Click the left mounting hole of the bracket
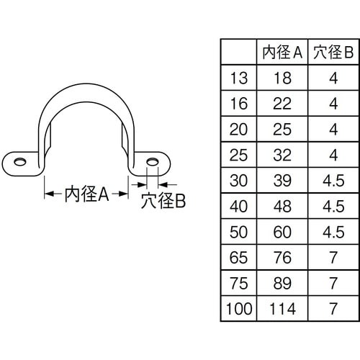tap(20, 162)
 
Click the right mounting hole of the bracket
tap(152, 162)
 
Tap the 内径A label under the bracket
tap(86, 194)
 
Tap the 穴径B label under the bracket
tap(163, 200)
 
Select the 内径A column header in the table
tap(282, 52)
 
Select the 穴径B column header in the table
tap(333, 52)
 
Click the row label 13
tap(238, 78)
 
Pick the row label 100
tap(239, 309)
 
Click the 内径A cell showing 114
tap(282, 309)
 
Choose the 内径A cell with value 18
tap(282, 78)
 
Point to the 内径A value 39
tap(282, 181)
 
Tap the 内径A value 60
tap(282, 232)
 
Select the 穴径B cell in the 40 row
tap(333, 206)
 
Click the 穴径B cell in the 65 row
tap(333, 258)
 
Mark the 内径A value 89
tap(282, 283)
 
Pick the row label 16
tap(238, 104)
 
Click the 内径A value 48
tap(282, 206)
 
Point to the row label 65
tap(238, 258)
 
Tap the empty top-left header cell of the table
tap(238, 52)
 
